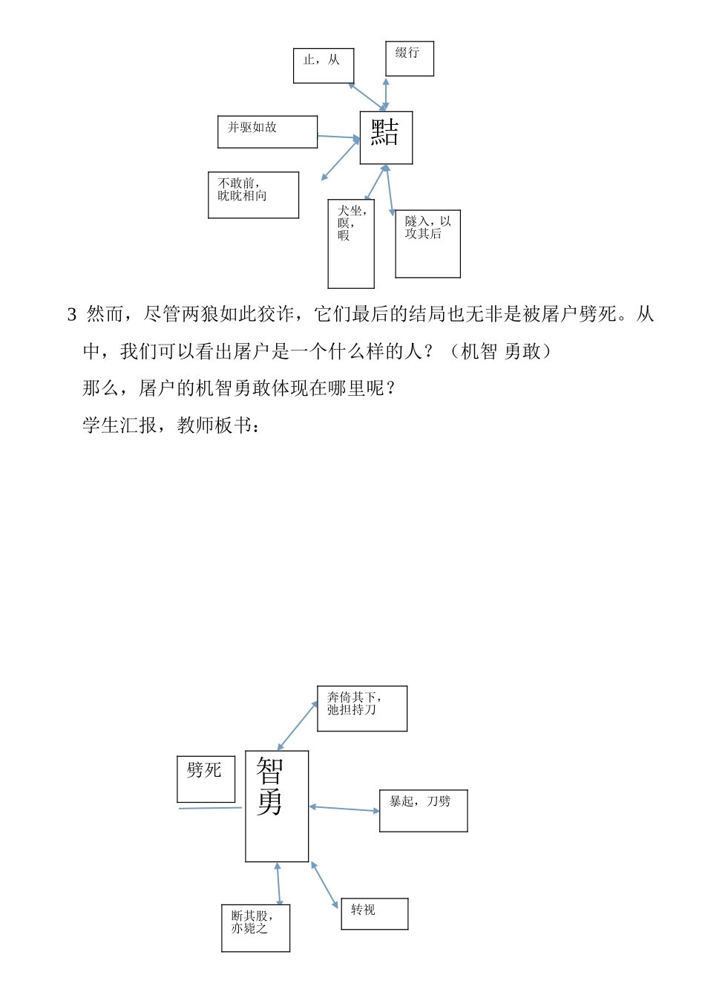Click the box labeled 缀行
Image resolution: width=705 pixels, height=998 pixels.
tap(410, 59)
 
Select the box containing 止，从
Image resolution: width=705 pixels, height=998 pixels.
tap(324, 66)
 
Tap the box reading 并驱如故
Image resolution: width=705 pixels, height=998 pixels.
tap(267, 132)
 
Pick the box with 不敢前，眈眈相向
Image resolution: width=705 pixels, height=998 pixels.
tap(253, 195)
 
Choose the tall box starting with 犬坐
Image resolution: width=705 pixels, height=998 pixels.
tap(351, 244)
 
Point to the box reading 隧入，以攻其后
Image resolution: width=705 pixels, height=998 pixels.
tap(427, 244)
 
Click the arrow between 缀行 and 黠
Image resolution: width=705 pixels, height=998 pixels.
tap(386, 95)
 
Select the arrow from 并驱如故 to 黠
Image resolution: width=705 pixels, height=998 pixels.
tap(338, 137)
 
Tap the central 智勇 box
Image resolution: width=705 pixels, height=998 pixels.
tap(276, 806)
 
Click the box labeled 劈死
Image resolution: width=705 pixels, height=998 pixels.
tap(206, 779)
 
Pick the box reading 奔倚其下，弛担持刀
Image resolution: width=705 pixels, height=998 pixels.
tap(362, 708)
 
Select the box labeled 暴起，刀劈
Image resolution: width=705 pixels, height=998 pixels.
tap(423, 810)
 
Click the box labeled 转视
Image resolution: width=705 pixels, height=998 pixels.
tap(374, 913)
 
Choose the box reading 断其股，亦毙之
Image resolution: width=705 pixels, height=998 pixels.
tap(255, 927)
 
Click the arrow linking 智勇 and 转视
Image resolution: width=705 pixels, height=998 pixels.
tap(324, 884)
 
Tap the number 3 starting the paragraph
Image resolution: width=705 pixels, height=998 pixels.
tap(72, 315)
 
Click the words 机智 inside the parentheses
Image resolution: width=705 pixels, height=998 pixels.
tap(479, 351)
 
